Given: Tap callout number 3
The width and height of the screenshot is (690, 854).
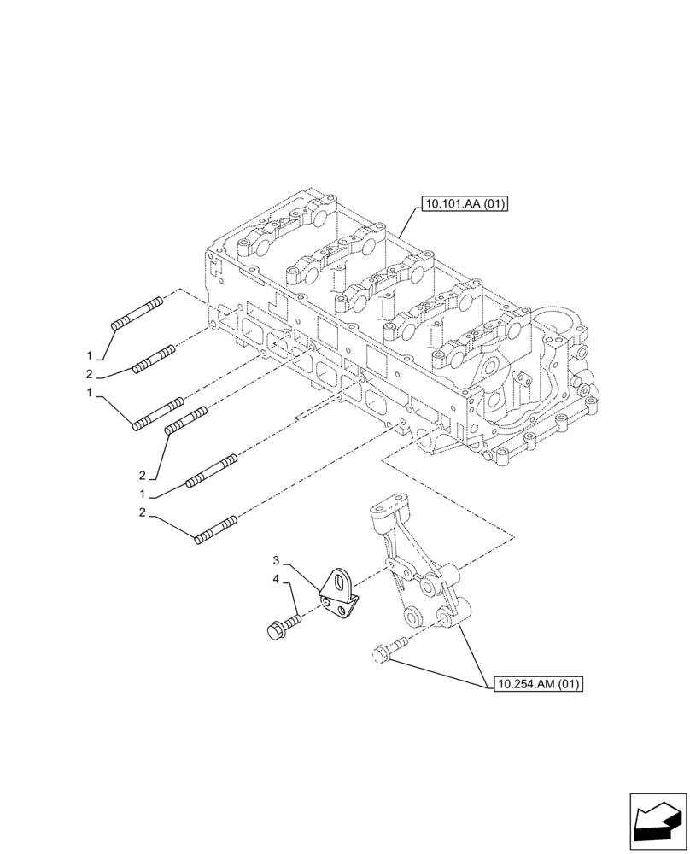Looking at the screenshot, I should click(276, 561).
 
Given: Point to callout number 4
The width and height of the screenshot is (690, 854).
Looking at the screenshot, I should click(276, 580).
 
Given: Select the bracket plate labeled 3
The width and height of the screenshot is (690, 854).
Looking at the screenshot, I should click(341, 594).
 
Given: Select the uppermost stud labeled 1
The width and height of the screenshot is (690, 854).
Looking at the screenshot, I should click(137, 313).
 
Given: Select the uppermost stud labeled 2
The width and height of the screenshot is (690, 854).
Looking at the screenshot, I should click(155, 359).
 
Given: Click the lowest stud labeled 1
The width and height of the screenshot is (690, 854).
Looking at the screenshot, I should click(210, 472).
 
